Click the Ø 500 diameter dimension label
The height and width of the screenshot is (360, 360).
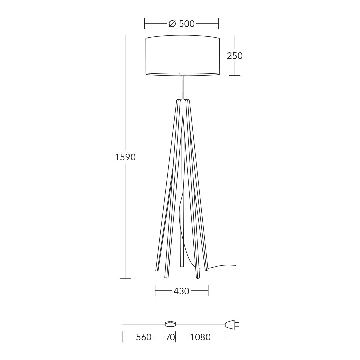point(182,24)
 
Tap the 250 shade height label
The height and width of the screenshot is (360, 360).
point(235,56)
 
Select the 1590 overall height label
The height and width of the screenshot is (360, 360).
point(125,157)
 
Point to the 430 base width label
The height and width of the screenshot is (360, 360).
point(181,291)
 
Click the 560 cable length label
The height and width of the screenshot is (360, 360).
point(144,337)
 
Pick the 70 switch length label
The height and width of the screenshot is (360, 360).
point(170,337)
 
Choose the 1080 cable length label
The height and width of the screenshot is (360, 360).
point(200,337)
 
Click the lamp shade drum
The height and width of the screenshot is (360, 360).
point(183,55)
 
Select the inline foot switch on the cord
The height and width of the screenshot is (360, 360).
point(170,324)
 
